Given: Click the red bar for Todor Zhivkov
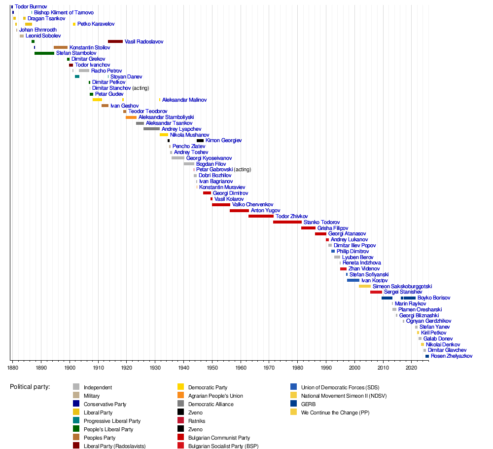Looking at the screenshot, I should click(261, 216).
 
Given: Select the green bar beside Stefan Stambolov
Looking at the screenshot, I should click(44, 53).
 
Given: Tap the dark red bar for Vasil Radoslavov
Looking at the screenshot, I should click(115, 41).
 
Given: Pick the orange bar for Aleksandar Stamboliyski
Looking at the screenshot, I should click(131, 117).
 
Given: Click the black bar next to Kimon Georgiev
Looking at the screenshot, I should click(200, 141).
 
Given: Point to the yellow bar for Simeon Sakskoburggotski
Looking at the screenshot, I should click(365, 286).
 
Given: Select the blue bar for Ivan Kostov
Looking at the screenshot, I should click(353, 280).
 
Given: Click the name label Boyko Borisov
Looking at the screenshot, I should click(434, 298).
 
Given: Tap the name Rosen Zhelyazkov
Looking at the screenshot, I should click(452, 356).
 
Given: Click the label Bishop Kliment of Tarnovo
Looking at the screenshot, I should click(64, 12).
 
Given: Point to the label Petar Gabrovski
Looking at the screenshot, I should click(214, 170).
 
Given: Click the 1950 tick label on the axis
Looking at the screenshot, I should click(212, 368).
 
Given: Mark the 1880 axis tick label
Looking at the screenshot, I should click(12, 368).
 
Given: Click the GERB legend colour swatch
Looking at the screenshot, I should click(294, 404).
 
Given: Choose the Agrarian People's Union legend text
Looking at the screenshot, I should click(215, 396).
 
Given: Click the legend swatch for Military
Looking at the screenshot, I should click(76, 396).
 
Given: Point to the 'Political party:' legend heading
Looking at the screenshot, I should click(30, 387).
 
